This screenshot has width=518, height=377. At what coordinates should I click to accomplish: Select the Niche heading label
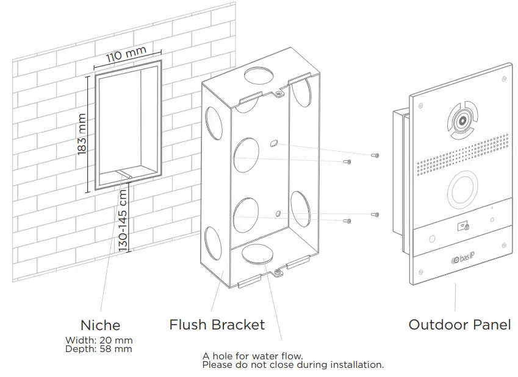point(100,325)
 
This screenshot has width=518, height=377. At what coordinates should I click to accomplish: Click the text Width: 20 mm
point(99,340)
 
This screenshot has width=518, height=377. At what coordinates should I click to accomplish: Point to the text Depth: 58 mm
point(98,349)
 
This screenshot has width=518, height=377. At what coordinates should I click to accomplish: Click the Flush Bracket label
point(217,325)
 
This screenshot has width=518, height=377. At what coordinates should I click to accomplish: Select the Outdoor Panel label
point(459,325)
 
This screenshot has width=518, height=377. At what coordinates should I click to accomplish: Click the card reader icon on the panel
point(461,227)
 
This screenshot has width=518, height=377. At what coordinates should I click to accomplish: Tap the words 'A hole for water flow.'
point(253,356)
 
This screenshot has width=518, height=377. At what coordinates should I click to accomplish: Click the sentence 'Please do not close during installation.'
point(293,365)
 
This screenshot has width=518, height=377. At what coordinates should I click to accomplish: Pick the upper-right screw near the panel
point(376,156)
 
